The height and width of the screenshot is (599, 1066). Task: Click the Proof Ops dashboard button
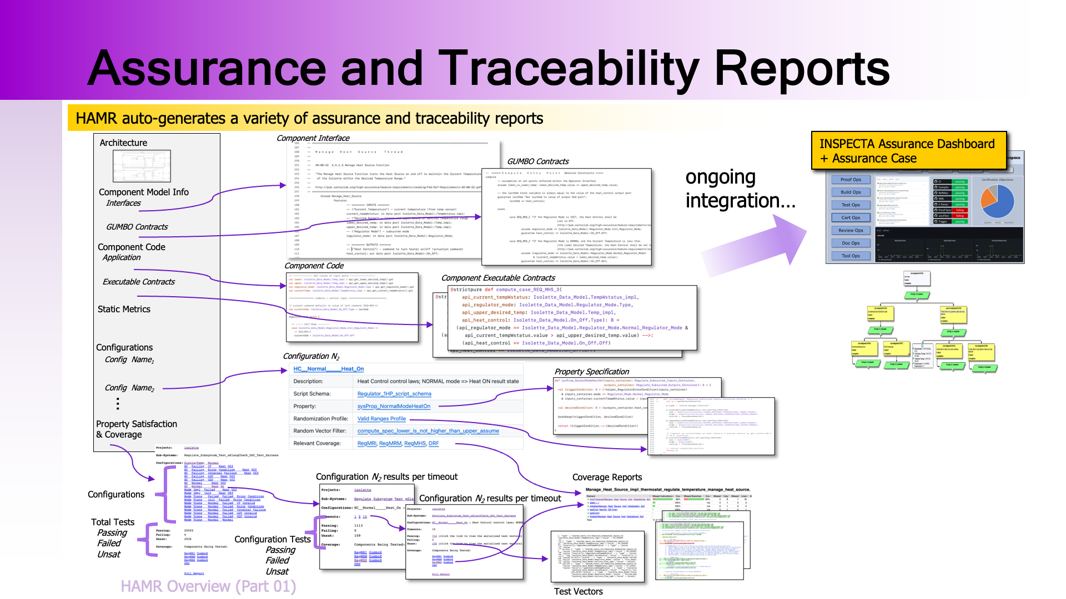851,180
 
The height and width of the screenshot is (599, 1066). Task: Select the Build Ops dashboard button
851,192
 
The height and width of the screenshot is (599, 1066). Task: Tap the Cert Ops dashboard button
851,218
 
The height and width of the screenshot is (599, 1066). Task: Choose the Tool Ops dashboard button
851,256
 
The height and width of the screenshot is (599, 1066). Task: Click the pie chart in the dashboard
997,201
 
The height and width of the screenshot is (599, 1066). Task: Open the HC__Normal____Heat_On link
328,369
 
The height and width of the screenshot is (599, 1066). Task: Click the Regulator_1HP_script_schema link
394,394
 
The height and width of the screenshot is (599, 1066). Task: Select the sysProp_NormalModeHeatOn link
394,407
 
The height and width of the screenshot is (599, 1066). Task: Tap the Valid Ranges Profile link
381,419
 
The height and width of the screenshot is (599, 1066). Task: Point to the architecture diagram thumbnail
142,166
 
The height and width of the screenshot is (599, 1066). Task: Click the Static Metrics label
124,309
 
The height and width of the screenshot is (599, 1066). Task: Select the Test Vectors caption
578,591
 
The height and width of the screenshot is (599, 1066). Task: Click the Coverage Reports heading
607,478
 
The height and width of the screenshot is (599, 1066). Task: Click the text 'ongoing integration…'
740,189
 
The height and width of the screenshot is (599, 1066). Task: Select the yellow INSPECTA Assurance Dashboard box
908,151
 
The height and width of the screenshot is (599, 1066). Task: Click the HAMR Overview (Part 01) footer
208,586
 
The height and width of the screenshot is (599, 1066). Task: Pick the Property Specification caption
591,372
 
